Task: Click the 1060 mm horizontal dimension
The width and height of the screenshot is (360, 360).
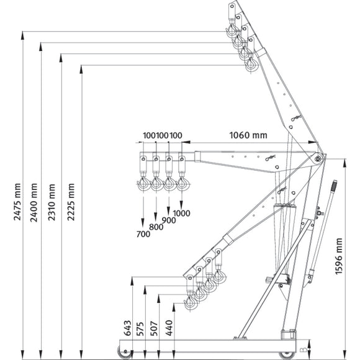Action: click(x=248, y=135)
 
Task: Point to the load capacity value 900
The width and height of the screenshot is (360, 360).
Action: click(x=169, y=220)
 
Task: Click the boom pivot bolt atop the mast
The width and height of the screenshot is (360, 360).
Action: click(x=318, y=160)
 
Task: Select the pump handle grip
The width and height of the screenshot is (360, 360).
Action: click(x=333, y=186)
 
